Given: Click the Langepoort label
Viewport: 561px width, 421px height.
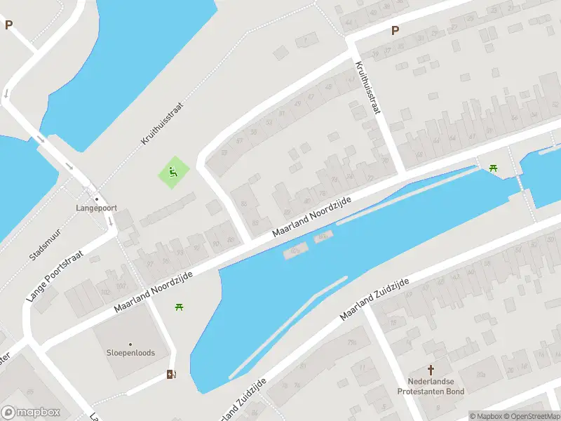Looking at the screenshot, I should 97,208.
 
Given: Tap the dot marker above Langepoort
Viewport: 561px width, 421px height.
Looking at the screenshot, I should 97,199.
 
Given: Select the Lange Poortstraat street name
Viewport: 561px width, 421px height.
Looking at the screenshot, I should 55,276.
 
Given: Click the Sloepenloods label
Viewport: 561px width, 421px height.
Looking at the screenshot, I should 130,353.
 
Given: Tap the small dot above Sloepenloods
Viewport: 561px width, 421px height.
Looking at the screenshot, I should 130,344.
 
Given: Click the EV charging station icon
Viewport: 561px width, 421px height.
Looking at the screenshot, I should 171,375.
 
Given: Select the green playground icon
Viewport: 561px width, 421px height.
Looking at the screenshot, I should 173,171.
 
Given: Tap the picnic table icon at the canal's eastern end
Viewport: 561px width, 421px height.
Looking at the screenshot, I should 494,167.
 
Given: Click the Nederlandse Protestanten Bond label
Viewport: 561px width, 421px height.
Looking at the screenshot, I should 431,387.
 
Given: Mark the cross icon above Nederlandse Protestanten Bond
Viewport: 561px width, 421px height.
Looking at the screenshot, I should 431,370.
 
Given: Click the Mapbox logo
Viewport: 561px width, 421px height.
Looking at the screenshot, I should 31,413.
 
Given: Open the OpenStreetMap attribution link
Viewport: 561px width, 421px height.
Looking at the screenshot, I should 531,416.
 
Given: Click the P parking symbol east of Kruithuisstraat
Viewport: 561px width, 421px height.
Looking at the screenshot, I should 395,30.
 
